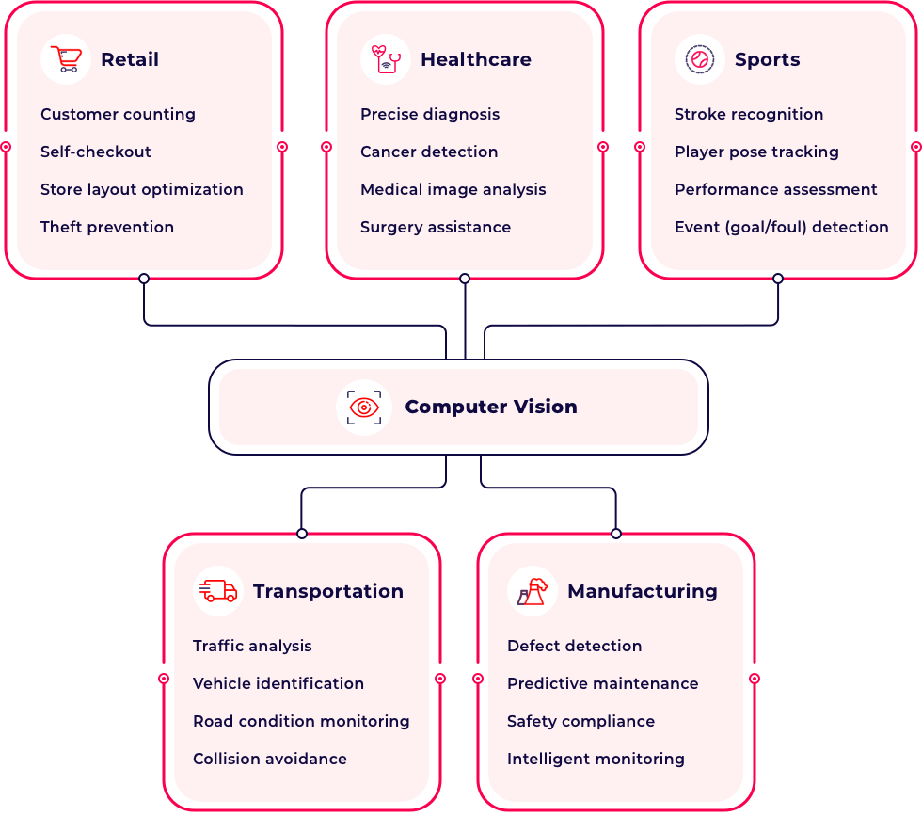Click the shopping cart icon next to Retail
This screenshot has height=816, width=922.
pyautogui.click(x=66, y=59)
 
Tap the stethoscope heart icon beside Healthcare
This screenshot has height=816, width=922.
pyautogui.click(x=386, y=59)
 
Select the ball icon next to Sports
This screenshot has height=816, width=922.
pyautogui.click(x=700, y=59)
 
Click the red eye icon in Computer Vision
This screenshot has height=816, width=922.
pyautogui.click(x=364, y=407)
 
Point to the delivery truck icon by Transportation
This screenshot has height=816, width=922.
pyautogui.click(x=218, y=591)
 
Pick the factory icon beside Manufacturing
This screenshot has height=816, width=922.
pyautogui.click(x=533, y=591)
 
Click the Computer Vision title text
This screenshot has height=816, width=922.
pyautogui.click(x=490, y=407)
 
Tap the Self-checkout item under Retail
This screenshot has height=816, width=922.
pyautogui.click(x=96, y=152)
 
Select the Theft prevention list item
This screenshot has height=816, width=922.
pyautogui.click(x=107, y=227)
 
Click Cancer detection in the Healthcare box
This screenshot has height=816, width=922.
pyautogui.click(x=429, y=152)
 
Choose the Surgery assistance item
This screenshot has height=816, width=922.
pyautogui.click(x=436, y=227)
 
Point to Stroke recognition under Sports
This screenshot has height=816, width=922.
pyautogui.click(x=749, y=114)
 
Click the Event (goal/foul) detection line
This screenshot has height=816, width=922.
pyautogui.click(x=781, y=227)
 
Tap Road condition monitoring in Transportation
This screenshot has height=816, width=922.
pyautogui.click(x=301, y=721)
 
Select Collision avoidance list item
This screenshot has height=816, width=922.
pyautogui.click(x=270, y=759)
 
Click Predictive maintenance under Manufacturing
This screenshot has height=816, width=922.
pyautogui.click(x=602, y=683)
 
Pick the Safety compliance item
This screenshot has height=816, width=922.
pyautogui.click(x=580, y=721)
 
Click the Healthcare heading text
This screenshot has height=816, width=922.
pyautogui.click(x=475, y=59)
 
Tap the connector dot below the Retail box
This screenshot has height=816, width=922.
pyautogui.click(x=144, y=279)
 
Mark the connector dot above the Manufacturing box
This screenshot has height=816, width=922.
pyautogui.click(x=616, y=534)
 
